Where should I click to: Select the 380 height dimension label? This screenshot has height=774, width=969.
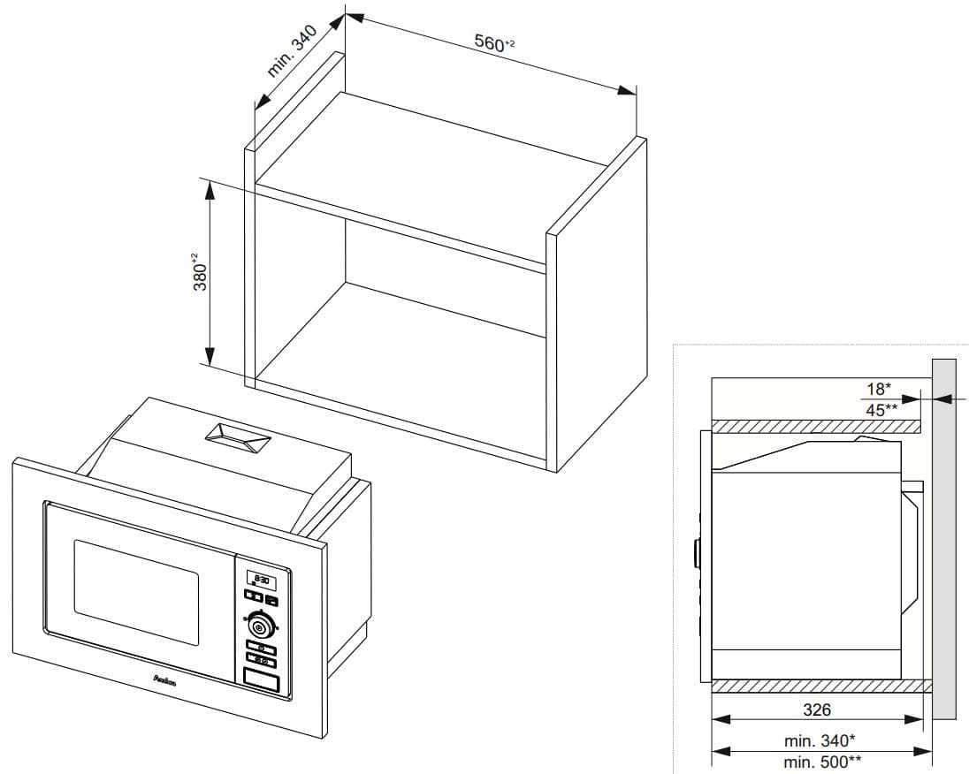pyautogui.click(x=200, y=273)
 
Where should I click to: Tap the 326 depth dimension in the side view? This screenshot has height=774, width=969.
pyautogui.click(x=816, y=709)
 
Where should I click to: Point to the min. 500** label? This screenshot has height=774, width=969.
pyautogui.click(x=822, y=762)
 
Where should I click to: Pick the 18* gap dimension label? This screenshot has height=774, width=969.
pyautogui.click(x=878, y=389)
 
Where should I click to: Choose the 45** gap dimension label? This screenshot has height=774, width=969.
pyautogui.click(x=881, y=408)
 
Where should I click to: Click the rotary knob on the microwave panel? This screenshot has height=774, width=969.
pyautogui.click(x=259, y=626)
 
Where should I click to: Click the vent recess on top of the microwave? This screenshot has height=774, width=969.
pyautogui.click(x=236, y=437)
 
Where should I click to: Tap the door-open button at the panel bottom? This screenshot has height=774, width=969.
pyautogui.click(x=261, y=679)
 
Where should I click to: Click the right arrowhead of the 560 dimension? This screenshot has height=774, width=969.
pyautogui.click(x=629, y=91)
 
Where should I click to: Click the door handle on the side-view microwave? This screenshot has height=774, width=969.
pyautogui.click(x=697, y=555)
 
